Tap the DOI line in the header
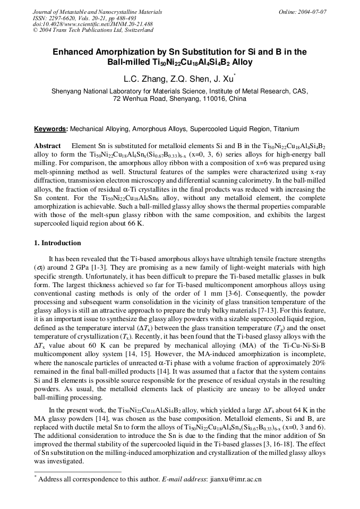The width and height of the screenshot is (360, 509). pos(92,24)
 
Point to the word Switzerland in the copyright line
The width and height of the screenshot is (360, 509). pos(139,30)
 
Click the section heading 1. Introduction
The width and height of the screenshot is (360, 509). pos(58,243)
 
